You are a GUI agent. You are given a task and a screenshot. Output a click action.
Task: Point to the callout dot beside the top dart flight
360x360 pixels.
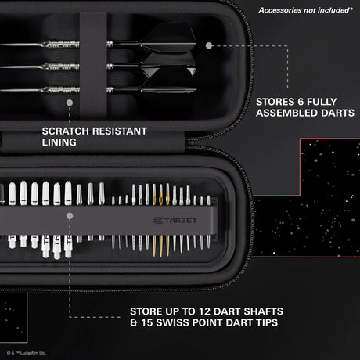[x=208, y=45]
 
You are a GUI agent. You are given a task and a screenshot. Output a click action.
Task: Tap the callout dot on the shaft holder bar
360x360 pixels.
[x=70, y=221]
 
